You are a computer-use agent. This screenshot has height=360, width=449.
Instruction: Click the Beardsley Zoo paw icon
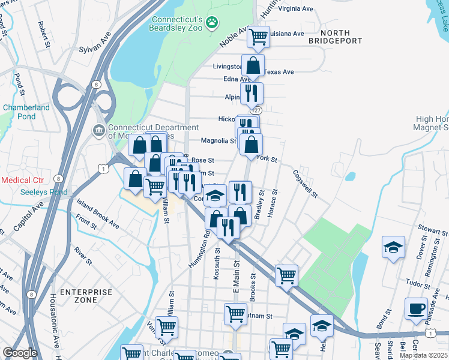pyautogui.click(x=211, y=23)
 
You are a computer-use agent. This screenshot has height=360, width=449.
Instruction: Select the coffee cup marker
pyautogui.click(x=416, y=308)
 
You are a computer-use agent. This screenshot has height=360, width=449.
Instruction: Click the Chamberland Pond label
pyautogui.click(x=26, y=112)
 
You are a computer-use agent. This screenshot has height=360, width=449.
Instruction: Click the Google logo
pyautogui.click(x=20, y=353)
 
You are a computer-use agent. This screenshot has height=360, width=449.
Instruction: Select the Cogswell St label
pyautogui.click(x=304, y=184)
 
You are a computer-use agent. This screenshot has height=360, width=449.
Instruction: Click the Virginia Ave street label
pyautogui.click(x=296, y=9)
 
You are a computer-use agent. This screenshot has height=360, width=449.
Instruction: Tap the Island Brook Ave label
pyautogui.click(x=97, y=215)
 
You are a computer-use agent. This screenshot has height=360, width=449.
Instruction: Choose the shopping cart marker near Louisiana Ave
pyautogui.click(x=259, y=37)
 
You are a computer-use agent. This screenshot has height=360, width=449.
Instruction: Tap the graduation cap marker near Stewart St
pyautogui.click(x=393, y=247)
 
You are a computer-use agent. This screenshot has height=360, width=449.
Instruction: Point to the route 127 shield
pyautogui.click(x=257, y=111)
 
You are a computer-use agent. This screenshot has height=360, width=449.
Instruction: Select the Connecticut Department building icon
pyautogui.click(x=98, y=130)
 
